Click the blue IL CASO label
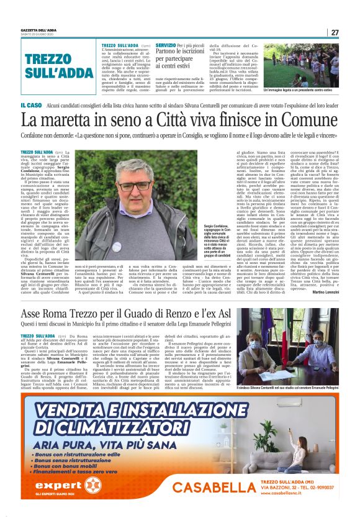pos(32,106)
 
